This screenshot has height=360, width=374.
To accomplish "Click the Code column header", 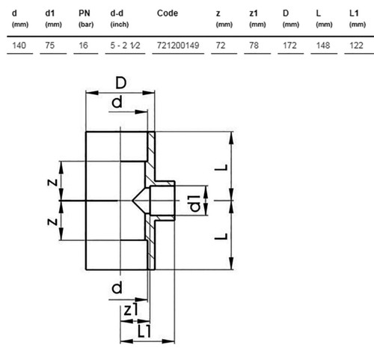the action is pyautogui.click(x=168, y=13).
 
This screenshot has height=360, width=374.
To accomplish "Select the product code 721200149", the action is pyautogui.click(x=178, y=46).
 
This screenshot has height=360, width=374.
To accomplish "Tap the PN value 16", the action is pyautogui.click(x=83, y=46).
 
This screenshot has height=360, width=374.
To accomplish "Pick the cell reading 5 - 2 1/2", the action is pyautogui.click(x=125, y=46).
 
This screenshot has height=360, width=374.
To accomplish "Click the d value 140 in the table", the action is pyautogui.click(x=19, y=46).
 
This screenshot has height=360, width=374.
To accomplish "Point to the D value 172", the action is pyautogui.click(x=289, y=46).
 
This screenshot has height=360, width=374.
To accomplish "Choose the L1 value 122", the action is pyautogui.click(x=356, y=46).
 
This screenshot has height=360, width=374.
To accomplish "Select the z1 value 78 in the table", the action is pyautogui.click(x=254, y=46).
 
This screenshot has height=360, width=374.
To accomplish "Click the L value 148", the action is pyautogui.click(x=323, y=46).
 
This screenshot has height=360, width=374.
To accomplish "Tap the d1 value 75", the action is pyautogui.click(x=50, y=46).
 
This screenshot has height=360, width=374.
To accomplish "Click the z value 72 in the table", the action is pyautogui.click(x=221, y=46).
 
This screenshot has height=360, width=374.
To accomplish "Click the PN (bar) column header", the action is pyautogui.click(x=86, y=19).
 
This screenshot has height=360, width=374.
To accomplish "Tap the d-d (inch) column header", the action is pyautogui.click(x=120, y=19).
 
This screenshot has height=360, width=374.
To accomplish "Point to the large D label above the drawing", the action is pyautogui.click(x=121, y=83).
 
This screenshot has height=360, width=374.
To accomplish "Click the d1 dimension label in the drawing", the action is pyautogui.click(x=195, y=204).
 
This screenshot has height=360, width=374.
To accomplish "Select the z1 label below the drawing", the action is pyautogui.click(x=131, y=310).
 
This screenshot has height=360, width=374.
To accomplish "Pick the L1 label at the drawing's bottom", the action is pyautogui.click(x=144, y=332).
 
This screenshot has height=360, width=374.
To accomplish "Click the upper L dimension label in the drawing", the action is pyautogui.click(x=221, y=167).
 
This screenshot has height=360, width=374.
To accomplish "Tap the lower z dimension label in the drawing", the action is pyautogui.click(x=52, y=222).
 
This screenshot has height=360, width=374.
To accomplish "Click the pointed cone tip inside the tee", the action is pyautogui.click(x=132, y=201).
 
